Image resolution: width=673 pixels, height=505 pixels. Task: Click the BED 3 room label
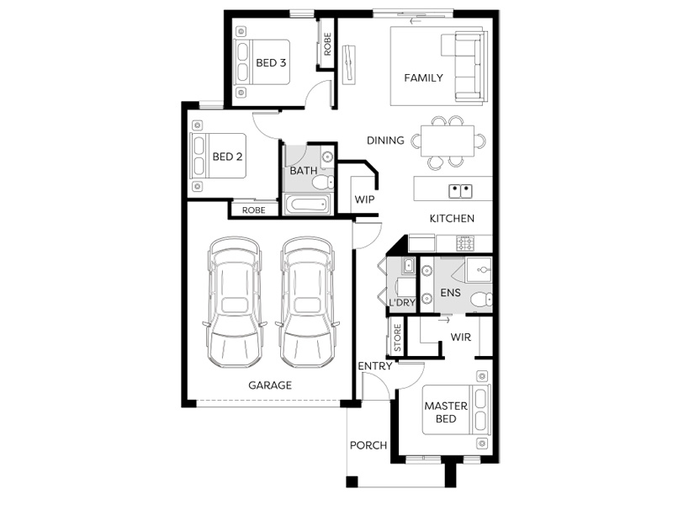point(271,62)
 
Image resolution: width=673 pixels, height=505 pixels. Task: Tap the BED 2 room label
point(227,157)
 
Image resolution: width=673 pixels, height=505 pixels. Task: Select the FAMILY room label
point(424,77)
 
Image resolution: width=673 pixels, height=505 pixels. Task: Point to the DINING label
point(385,141)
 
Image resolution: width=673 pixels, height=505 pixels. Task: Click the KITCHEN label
point(452,219)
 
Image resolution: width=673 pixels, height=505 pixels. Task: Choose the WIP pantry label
point(364,199)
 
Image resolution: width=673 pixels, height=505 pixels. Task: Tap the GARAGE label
point(270,385)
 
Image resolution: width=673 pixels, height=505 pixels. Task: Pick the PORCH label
point(368,445)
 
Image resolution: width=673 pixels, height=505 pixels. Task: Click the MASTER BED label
point(446,412)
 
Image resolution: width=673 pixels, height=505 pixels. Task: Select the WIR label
point(461,338)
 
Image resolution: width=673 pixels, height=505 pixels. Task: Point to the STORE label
point(397,338)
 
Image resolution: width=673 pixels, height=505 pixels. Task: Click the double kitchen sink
point(460,191)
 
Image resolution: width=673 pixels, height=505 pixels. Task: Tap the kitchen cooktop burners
point(466,243)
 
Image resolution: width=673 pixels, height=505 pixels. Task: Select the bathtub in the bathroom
point(307,205)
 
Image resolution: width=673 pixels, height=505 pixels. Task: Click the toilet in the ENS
point(481,299)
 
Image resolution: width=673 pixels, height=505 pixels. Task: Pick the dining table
point(448,141)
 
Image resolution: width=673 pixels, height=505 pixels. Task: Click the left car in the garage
point(235,302)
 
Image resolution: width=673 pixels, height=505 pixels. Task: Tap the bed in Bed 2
point(218,156)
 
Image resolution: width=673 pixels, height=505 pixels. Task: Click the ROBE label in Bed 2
point(254,210)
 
